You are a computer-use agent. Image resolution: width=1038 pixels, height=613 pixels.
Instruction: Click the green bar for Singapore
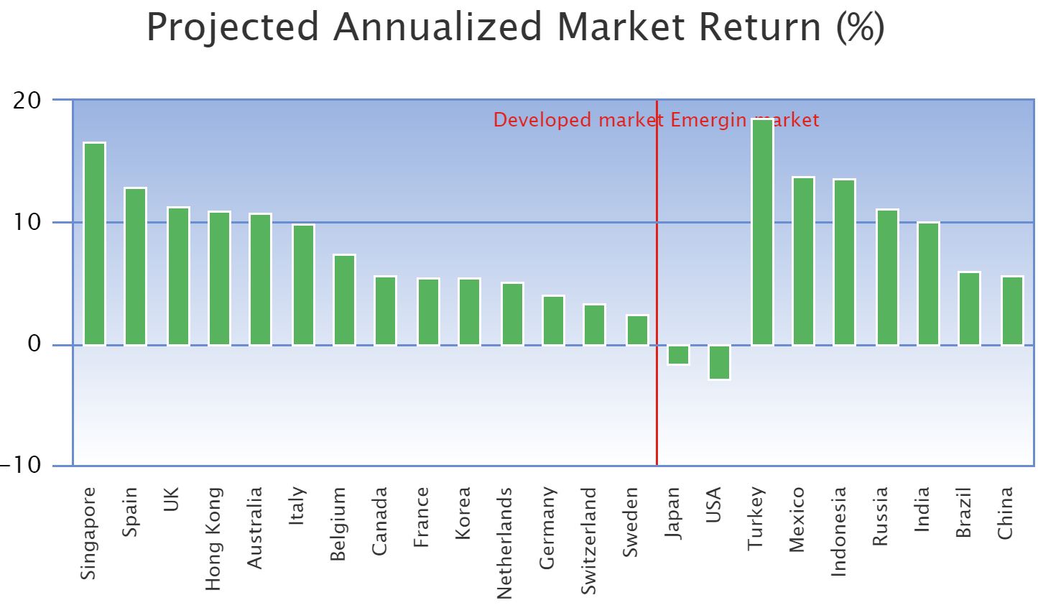[x=94, y=244]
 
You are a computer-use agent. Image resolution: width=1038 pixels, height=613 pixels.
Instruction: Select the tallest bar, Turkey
[x=762, y=232]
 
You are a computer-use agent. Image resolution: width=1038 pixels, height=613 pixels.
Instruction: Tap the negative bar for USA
[x=719, y=362]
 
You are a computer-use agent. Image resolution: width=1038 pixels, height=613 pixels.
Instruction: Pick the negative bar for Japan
[x=678, y=355]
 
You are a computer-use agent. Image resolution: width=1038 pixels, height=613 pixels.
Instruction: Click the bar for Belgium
[x=344, y=300]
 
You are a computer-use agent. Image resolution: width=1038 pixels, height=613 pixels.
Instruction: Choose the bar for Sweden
[x=637, y=331]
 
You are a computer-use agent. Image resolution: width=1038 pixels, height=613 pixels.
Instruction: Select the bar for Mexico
[x=803, y=261]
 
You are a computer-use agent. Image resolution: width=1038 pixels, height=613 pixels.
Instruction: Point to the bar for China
[x=1012, y=310]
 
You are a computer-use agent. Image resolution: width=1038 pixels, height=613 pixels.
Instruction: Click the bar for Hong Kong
[x=219, y=278]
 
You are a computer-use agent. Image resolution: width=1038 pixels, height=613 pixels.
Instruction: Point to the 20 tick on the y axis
[x=27, y=101]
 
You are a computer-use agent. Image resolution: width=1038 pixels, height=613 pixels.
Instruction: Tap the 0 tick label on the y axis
[x=34, y=344]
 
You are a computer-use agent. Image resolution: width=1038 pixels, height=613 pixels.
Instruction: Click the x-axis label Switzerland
[x=588, y=540]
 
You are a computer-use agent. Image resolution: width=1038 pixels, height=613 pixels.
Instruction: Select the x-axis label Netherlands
[x=505, y=543]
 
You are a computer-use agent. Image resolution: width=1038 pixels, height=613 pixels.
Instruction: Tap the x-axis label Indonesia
[x=838, y=531]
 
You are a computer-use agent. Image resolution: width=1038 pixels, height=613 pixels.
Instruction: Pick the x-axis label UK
[x=171, y=500]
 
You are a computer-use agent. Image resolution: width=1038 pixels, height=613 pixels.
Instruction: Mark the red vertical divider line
[x=657, y=287]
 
